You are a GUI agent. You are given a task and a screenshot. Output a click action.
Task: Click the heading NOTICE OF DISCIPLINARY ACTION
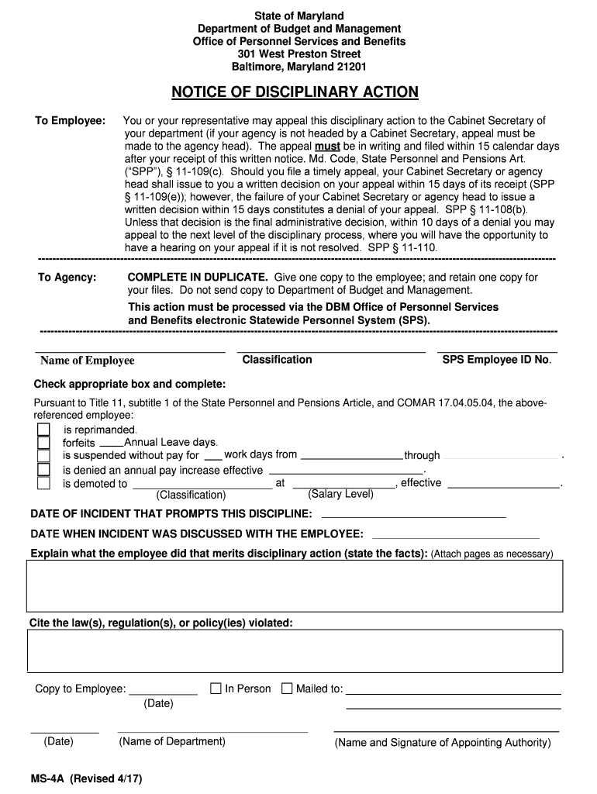tap(295, 92)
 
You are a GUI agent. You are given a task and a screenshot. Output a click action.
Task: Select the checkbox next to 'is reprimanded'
tap(44, 430)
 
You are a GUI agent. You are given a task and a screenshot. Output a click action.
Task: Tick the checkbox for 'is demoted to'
tap(44, 483)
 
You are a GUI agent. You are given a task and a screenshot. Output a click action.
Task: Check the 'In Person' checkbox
tap(216, 688)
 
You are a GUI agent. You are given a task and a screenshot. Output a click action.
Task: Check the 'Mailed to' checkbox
tap(287, 688)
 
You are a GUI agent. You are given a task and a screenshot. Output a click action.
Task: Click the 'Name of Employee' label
tap(87, 361)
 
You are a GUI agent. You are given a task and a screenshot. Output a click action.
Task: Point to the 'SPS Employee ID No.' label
tap(496, 360)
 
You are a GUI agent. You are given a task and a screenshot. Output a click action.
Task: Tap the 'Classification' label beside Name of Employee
tap(277, 360)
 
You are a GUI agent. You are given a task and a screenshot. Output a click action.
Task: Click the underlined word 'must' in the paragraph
tap(326, 146)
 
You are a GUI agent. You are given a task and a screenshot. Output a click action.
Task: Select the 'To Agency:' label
tap(67, 277)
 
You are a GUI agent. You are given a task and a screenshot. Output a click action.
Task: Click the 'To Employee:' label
tap(71, 120)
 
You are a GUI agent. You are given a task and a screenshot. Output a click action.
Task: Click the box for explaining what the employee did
tap(295, 586)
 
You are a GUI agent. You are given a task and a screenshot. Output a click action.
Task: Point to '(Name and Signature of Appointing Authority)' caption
tap(443, 742)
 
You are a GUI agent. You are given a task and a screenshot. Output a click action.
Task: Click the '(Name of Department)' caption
tap(172, 741)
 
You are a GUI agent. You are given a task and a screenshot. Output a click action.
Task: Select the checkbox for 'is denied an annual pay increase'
tap(44, 470)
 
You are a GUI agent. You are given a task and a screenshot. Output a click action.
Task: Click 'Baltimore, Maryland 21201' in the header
tap(295, 67)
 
